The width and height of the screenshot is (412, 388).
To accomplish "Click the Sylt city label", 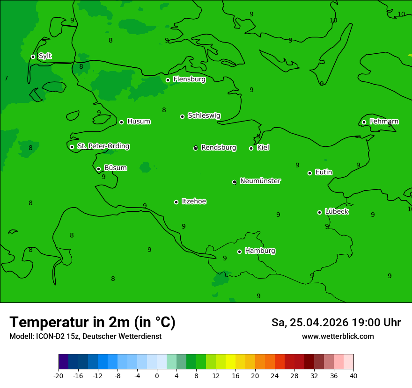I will (45, 56).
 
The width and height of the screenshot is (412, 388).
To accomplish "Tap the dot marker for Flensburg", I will (168, 80).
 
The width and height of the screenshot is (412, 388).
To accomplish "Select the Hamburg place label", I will (260, 251).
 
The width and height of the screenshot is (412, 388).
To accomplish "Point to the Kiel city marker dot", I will (251, 148).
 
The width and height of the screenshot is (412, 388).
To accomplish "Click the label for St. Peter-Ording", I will (103, 146).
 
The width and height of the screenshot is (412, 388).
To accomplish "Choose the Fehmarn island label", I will (384, 122).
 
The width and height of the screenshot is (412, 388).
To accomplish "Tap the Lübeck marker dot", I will (319, 212).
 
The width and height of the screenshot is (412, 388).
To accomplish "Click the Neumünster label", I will (260, 181).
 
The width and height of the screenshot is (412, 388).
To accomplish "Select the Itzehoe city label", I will (194, 201).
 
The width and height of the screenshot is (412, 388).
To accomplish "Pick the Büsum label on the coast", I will (115, 168).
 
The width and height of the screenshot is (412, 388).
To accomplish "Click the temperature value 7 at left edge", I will (6, 78).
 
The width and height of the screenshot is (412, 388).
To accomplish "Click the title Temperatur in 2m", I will (92, 322).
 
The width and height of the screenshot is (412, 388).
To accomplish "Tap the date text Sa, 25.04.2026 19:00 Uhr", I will (336, 323).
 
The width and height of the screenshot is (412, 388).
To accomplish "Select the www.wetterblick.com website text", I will (338, 337).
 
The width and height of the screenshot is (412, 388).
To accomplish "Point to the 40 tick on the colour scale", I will (353, 375).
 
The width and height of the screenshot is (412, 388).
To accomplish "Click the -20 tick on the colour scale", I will (59, 375).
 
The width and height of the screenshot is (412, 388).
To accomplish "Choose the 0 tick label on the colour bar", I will (157, 375).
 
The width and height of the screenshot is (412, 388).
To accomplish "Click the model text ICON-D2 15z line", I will (85, 337).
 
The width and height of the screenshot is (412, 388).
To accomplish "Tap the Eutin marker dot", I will (309, 173).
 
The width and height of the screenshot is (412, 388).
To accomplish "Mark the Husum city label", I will (139, 122).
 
